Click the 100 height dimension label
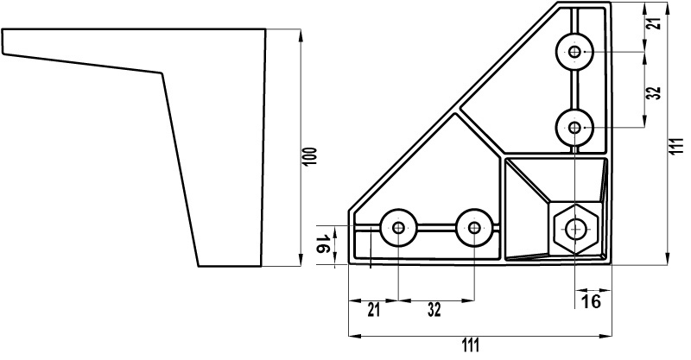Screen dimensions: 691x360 click(310, 156)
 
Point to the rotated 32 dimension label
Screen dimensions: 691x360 click(656, 92)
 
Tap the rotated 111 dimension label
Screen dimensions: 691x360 click(678, 145)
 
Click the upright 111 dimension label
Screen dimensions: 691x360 click(470, 345)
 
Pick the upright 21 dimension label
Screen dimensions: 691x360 click(373, 310)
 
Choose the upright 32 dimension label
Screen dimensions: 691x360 click(434, 310)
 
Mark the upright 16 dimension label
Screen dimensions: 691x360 click(591, 302)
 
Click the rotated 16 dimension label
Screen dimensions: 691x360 click(323, 244)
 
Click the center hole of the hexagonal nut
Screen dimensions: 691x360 click(574, 228)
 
